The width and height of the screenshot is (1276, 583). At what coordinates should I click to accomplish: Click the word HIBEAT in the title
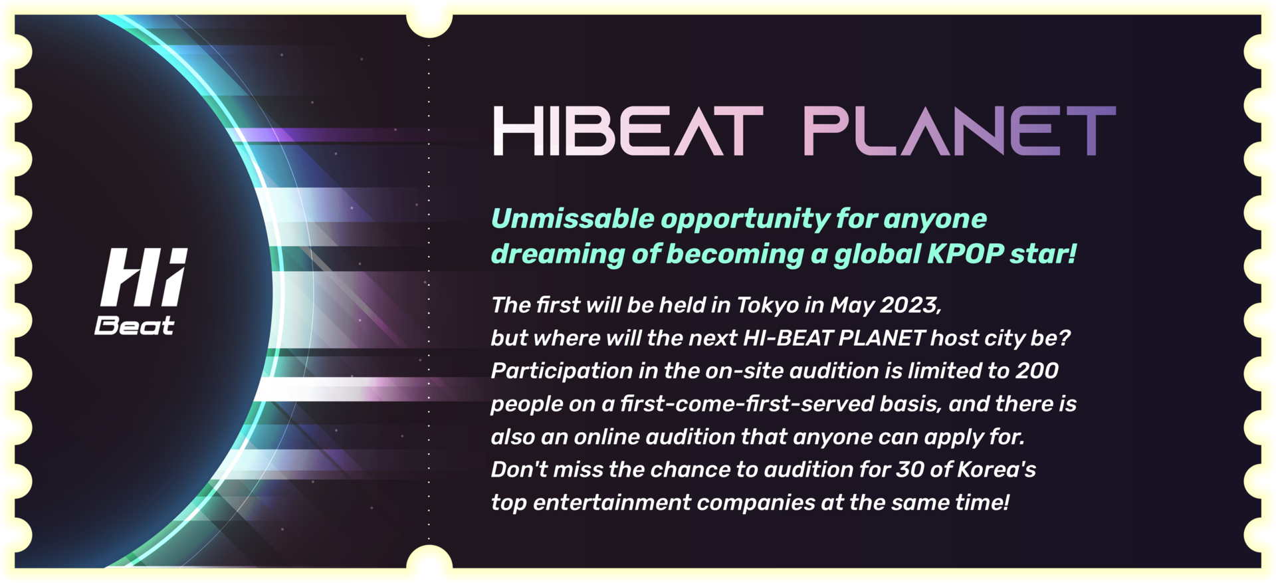tap(628, 132)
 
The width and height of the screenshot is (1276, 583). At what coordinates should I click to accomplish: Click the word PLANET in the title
tap(960, 132)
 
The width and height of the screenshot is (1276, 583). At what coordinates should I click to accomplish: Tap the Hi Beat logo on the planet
tap(141, 291)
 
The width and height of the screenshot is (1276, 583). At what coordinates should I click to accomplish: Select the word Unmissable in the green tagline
tap(572, 219)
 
